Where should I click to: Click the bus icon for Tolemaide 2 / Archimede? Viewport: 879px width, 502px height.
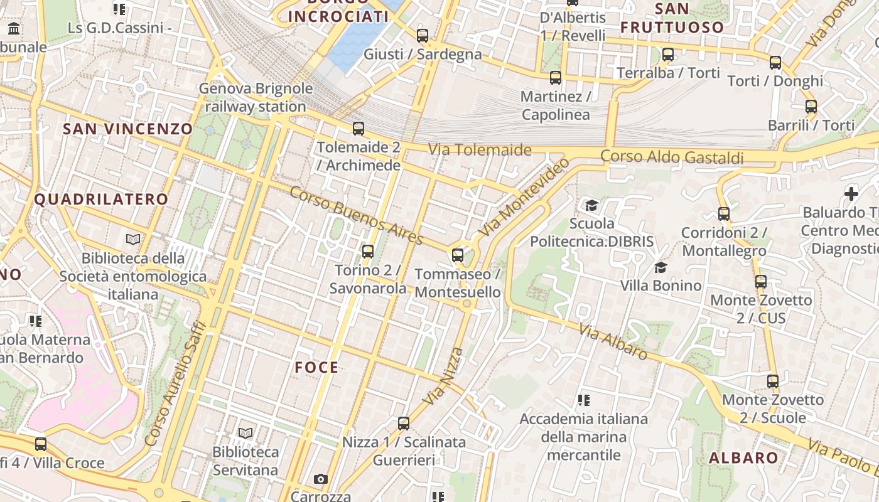coord(358,129)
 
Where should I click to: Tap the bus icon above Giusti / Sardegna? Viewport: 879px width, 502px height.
coord(423,36)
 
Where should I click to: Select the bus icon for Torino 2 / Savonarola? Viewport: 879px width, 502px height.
coord(368,252)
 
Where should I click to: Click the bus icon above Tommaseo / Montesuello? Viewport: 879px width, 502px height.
coord(458,255)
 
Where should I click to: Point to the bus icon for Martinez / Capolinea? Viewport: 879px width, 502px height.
coord(556,78)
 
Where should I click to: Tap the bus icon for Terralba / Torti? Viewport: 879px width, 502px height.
coord(668,55)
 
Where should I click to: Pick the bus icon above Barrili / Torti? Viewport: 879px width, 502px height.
coord(811,107)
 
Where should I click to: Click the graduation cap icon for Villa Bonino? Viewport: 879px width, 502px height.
coord(661,268)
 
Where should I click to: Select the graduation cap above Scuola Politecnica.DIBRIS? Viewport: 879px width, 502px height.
coord(591,205)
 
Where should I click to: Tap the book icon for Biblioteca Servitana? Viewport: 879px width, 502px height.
coord(245,433)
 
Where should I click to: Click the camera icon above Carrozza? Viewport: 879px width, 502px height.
coord(321,479)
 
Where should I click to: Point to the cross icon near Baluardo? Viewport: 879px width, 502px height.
coord(851,194)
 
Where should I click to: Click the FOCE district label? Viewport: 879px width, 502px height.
coord(317,368)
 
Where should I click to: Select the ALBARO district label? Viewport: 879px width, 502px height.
coord(744,458)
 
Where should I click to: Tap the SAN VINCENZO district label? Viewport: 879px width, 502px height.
coord(128,129)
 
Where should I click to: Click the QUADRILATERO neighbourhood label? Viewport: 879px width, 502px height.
coord(101,200)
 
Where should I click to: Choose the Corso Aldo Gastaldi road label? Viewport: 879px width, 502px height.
coord(672,157)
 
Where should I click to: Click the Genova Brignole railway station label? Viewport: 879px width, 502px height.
coord(256,97)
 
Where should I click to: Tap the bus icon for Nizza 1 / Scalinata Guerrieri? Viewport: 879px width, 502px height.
coord(404,424)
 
